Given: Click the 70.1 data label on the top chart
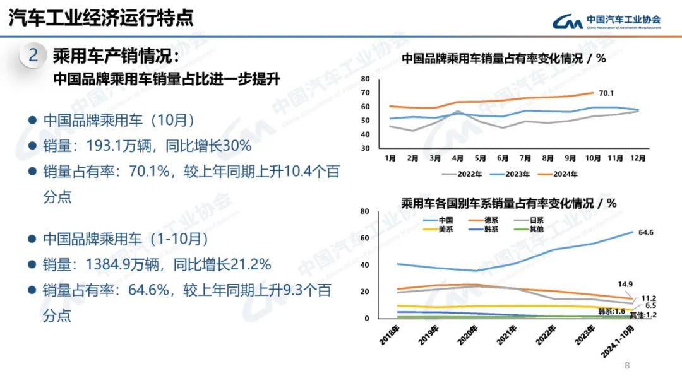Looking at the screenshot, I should [606, 93].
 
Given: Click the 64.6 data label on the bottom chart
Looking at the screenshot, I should [645, 232].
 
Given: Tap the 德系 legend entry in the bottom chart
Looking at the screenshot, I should [491, 220].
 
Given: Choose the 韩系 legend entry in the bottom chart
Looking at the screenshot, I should [491, 229].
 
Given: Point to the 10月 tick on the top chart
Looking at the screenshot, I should [593, 158].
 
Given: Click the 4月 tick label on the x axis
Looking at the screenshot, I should [458, 158].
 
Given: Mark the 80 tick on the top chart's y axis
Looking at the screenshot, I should [365, 79].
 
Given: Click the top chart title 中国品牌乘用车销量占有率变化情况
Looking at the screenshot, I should [504, 59].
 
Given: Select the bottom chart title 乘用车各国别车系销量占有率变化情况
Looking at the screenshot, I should [509, 203].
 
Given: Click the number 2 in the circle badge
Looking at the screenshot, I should [33, 56].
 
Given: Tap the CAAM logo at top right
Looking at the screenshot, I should [607, 21].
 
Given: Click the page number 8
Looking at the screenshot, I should [627, 365].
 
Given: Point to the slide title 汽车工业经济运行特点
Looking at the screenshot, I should [101, 18].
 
